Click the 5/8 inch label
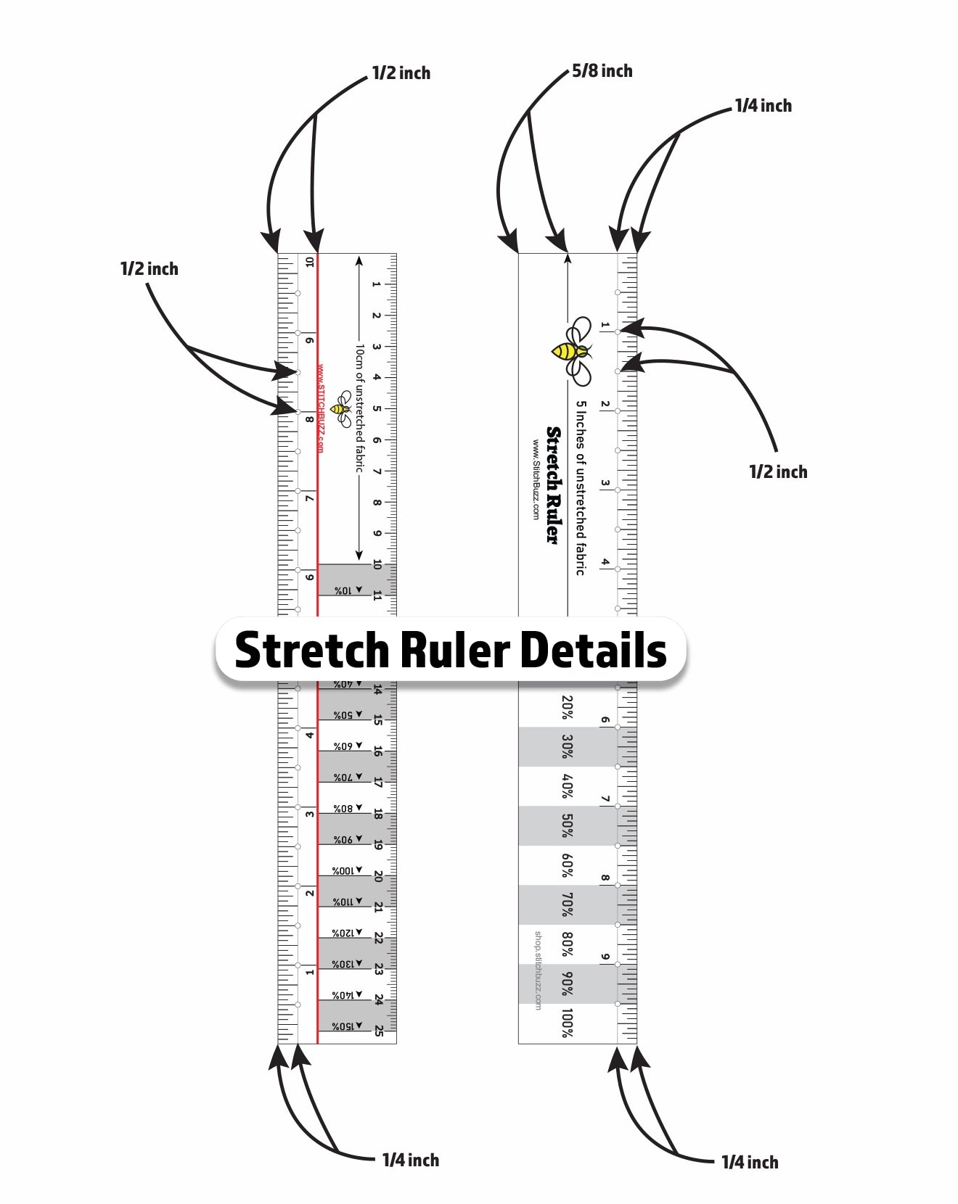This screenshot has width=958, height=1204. coord(602,71)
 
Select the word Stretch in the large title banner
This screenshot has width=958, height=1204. coord(313,650)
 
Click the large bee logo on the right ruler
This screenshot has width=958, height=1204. coord(573,351)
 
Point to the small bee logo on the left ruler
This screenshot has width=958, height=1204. coord(340,409)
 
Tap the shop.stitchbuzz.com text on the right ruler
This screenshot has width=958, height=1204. coord(538,970)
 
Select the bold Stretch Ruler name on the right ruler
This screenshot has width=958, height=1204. coord(553,485)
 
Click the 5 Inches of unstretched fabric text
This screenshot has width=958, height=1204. coord(581,487)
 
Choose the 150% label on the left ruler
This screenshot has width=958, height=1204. coord(343,1026)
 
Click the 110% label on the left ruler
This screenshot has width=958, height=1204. coord(343,902)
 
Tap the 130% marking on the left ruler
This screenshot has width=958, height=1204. coord(343,964)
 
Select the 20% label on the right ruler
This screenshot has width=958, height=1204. coord(568,707)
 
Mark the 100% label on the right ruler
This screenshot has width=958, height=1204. coord(568,1023)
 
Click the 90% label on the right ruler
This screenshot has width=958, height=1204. coord(568,984)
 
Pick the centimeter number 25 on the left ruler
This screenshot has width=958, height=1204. coord(379,1031)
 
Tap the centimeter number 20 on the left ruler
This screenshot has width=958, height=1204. coord(378,876)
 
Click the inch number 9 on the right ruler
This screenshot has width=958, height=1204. coord(605,957)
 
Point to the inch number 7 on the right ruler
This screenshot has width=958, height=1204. coord(605,799)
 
